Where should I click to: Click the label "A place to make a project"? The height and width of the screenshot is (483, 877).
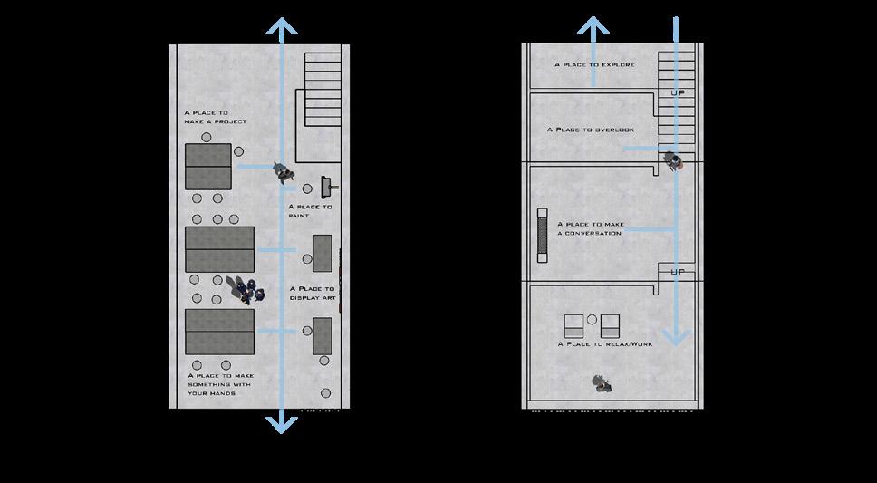[215, 116]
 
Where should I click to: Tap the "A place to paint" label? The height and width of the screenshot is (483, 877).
[310, 211]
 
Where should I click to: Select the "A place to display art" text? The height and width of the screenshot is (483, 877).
[313, 293]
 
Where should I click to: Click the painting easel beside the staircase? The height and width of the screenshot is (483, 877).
[328, 187]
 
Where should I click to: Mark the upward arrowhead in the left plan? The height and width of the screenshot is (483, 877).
[282, 30]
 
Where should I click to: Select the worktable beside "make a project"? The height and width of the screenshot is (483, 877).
[207, 166]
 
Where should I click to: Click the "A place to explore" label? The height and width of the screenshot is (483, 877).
[594, 65]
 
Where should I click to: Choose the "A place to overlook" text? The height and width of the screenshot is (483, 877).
[590, 130]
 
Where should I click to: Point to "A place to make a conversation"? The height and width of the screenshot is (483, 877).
[589, 228]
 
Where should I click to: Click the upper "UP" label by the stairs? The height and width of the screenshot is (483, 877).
[676, 92]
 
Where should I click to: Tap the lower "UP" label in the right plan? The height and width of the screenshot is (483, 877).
[676, 272]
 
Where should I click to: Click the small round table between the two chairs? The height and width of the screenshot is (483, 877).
[592, 319]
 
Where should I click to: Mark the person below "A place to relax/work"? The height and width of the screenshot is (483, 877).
[599, 383]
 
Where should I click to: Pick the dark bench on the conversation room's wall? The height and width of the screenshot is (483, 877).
[542, 234]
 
